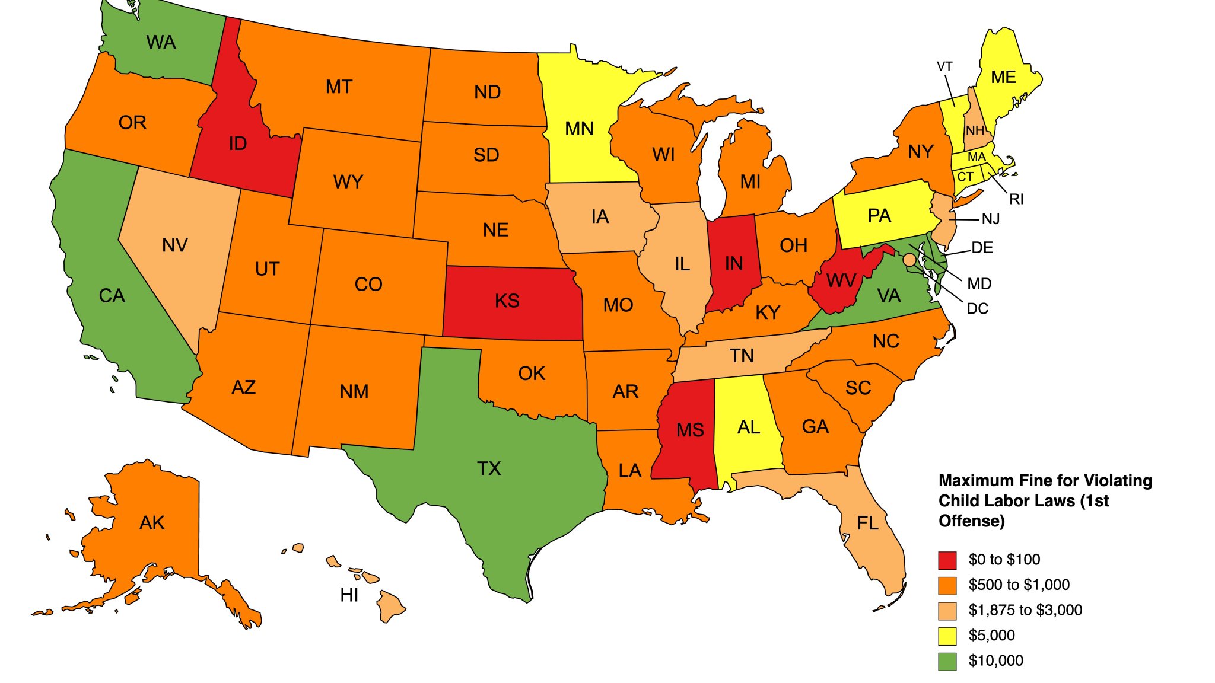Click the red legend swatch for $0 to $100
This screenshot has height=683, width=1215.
point(947,560)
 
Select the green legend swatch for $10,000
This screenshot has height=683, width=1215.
point(947,661)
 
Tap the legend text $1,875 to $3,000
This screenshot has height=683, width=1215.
point(1025,610)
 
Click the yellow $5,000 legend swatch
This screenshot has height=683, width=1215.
point(947,636)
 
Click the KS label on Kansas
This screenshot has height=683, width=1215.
point(507,301)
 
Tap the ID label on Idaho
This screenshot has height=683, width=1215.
point(237,143)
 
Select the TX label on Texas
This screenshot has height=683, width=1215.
point(489,469)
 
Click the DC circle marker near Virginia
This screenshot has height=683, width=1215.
point(909,260)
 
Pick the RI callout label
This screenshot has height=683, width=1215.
point(1016,199)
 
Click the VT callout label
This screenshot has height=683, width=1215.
point(944,66)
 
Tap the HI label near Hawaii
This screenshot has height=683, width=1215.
point(349,595)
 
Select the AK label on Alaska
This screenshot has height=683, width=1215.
point(152,523)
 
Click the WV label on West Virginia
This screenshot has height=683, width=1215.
point(841,280)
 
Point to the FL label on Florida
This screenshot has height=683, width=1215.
point(867,524)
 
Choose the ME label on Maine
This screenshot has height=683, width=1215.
point(1003,78)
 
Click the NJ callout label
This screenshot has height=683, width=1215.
point(991,219)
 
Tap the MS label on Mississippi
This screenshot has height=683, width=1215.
point(690,430)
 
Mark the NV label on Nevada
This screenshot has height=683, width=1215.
point(174,245)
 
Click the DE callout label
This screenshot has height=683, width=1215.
point(982,248)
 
